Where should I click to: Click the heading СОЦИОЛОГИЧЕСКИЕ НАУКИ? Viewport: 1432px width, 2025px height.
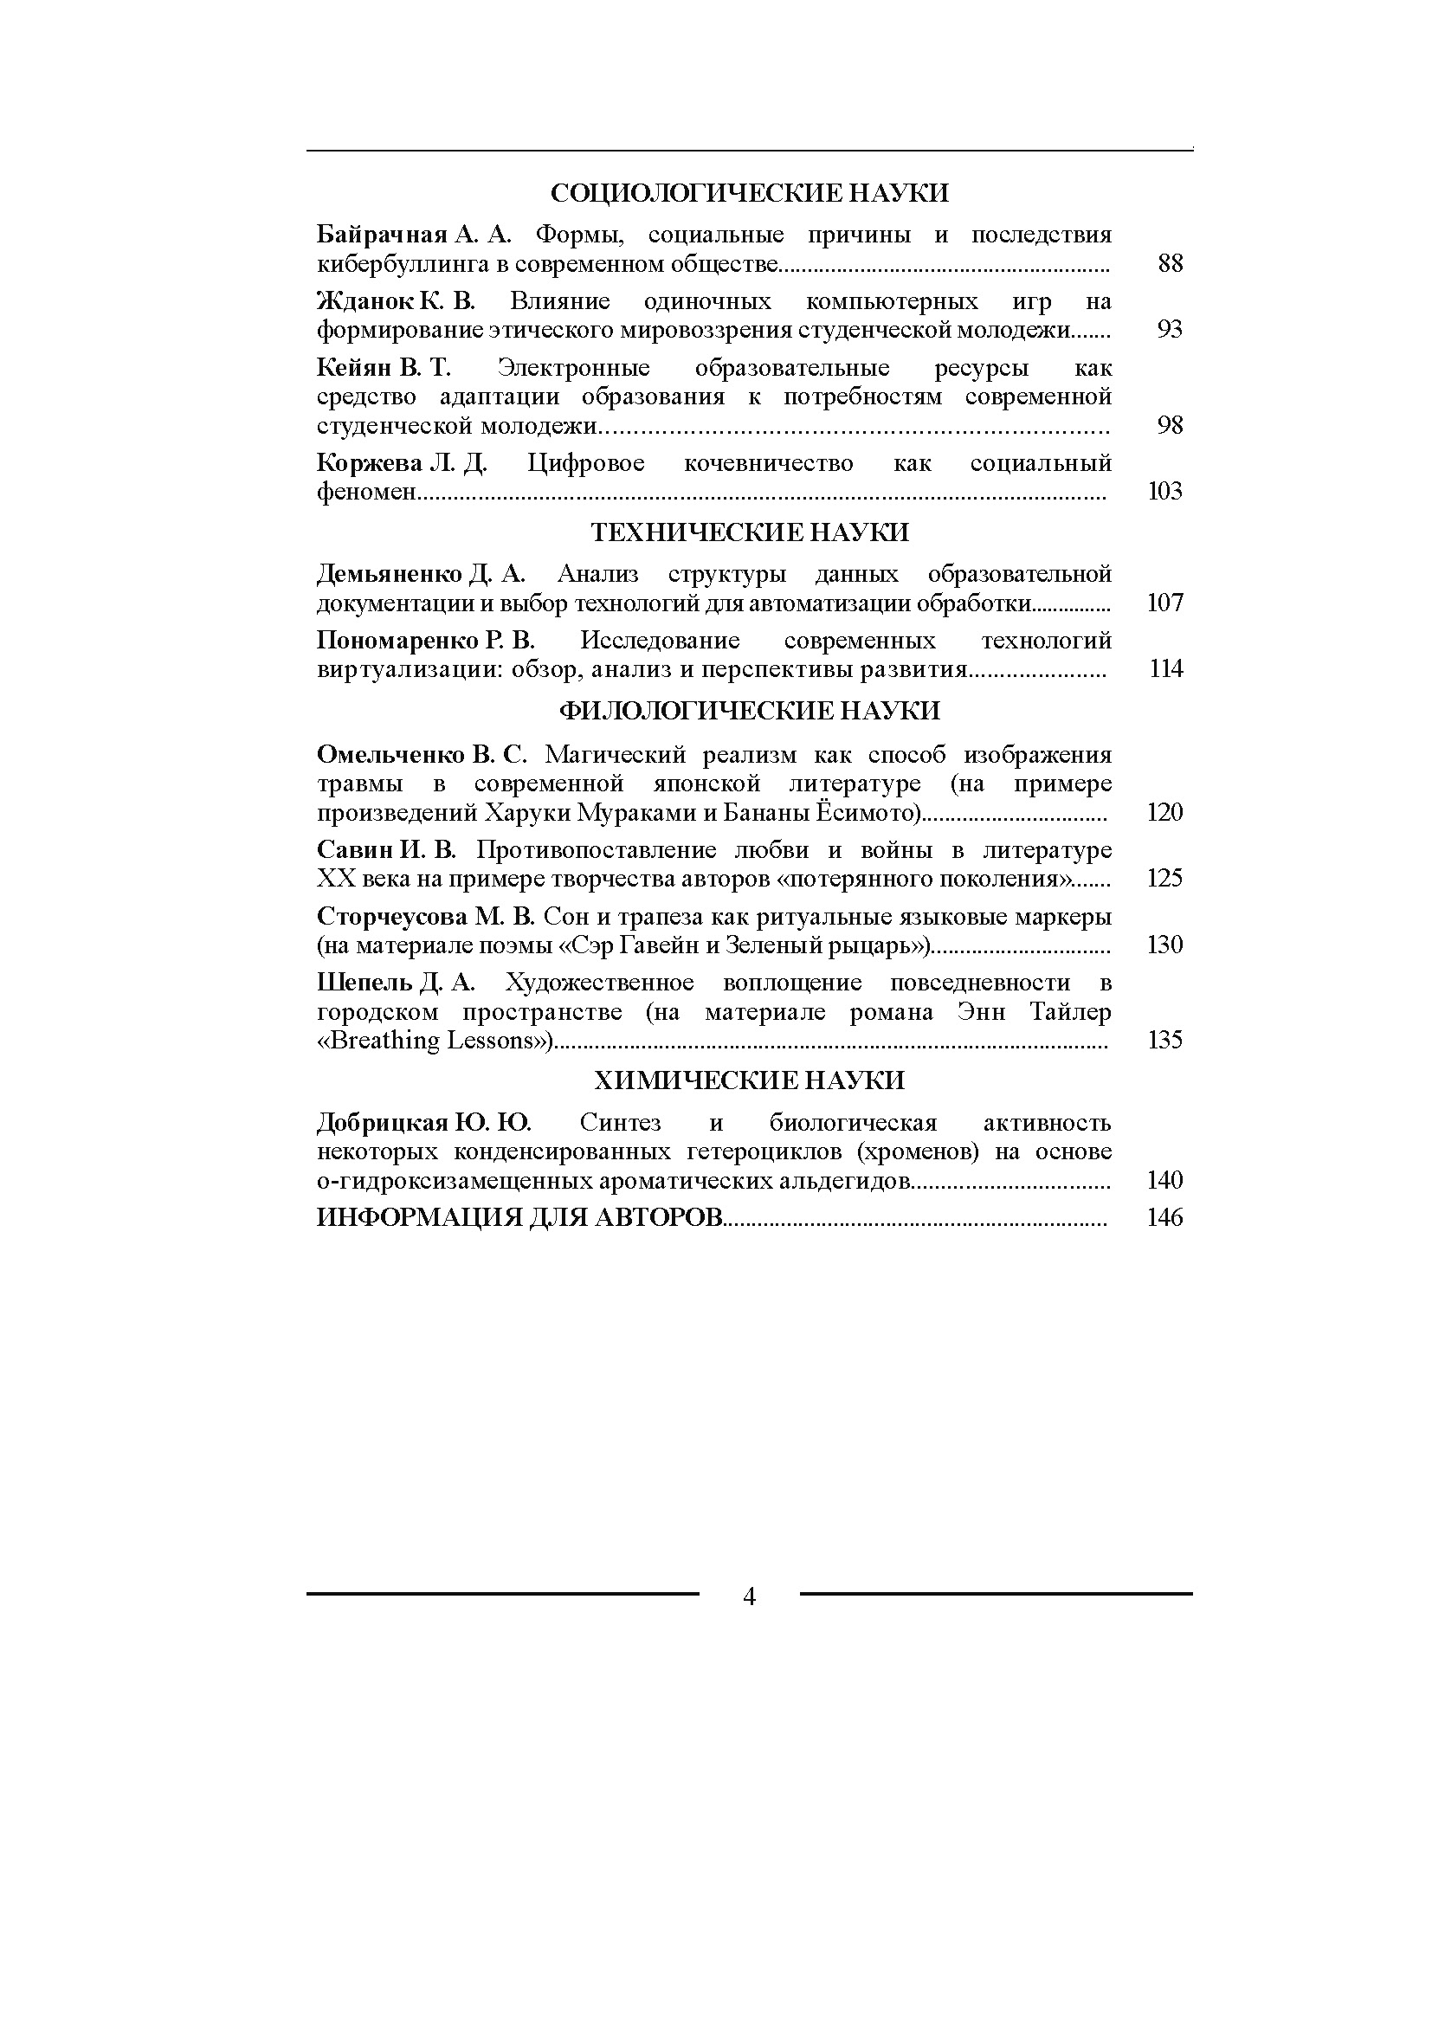pyautogui.click(x=749, y=192)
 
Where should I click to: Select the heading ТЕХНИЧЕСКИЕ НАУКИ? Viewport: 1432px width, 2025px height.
pyautogui.click(x=749, y=532)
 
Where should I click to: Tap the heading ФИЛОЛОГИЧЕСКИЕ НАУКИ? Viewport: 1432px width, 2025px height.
pyautogui.click(x=749, y=710)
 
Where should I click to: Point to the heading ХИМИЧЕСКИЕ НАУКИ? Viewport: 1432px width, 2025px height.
pyautogui.click(x=749, y=1080)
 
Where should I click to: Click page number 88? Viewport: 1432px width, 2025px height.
pyautogui.click(x=1169, y=263)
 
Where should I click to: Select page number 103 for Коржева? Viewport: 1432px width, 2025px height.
pyautogui.click(x=1164, y=491)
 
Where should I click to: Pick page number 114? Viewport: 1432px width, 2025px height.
pyautogui.click(x=1165, y=668)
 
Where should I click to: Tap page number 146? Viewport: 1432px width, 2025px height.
pyautogui.click(x=1164, y=1218)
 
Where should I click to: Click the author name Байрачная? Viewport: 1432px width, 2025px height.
pyautogui.click(x=383, y=235)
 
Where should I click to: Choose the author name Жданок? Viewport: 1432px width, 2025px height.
pyautogui.click(x=365, y=300)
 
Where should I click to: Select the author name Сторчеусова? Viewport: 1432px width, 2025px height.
pyautogui.click(x=391, y=916)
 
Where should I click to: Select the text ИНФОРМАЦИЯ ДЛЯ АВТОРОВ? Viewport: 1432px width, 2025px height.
pyautogui.click(x=519, y=1218)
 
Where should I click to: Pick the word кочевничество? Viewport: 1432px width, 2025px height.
pyautogui.click(x=768, y=463)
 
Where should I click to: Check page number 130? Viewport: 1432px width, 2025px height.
pyautogui.click(x=1164, y=945)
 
